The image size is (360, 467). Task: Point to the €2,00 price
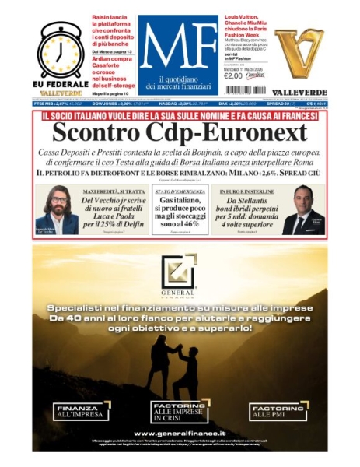(x=233, y=75)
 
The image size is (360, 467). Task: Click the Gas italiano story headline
(x=180, y=214)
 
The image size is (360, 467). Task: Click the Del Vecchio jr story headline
(x=115, y=214)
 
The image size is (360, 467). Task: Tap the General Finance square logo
(x=180, y=273)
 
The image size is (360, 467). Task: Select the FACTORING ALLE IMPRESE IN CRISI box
(x=180, y=410)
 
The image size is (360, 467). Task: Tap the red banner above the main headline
(x=180, y=116)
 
